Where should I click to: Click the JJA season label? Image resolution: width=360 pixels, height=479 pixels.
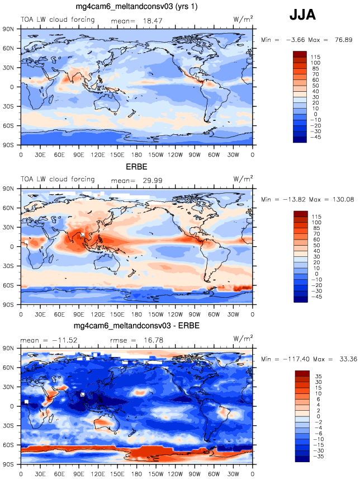[302, 16]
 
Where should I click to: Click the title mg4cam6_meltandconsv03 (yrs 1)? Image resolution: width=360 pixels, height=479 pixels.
[136, 6]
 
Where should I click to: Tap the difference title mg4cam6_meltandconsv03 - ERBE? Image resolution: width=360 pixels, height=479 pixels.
[136, 326]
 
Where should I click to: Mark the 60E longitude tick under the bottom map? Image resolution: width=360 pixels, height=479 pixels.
[59, 473]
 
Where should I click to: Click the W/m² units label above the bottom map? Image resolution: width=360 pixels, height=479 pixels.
[243, 338]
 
